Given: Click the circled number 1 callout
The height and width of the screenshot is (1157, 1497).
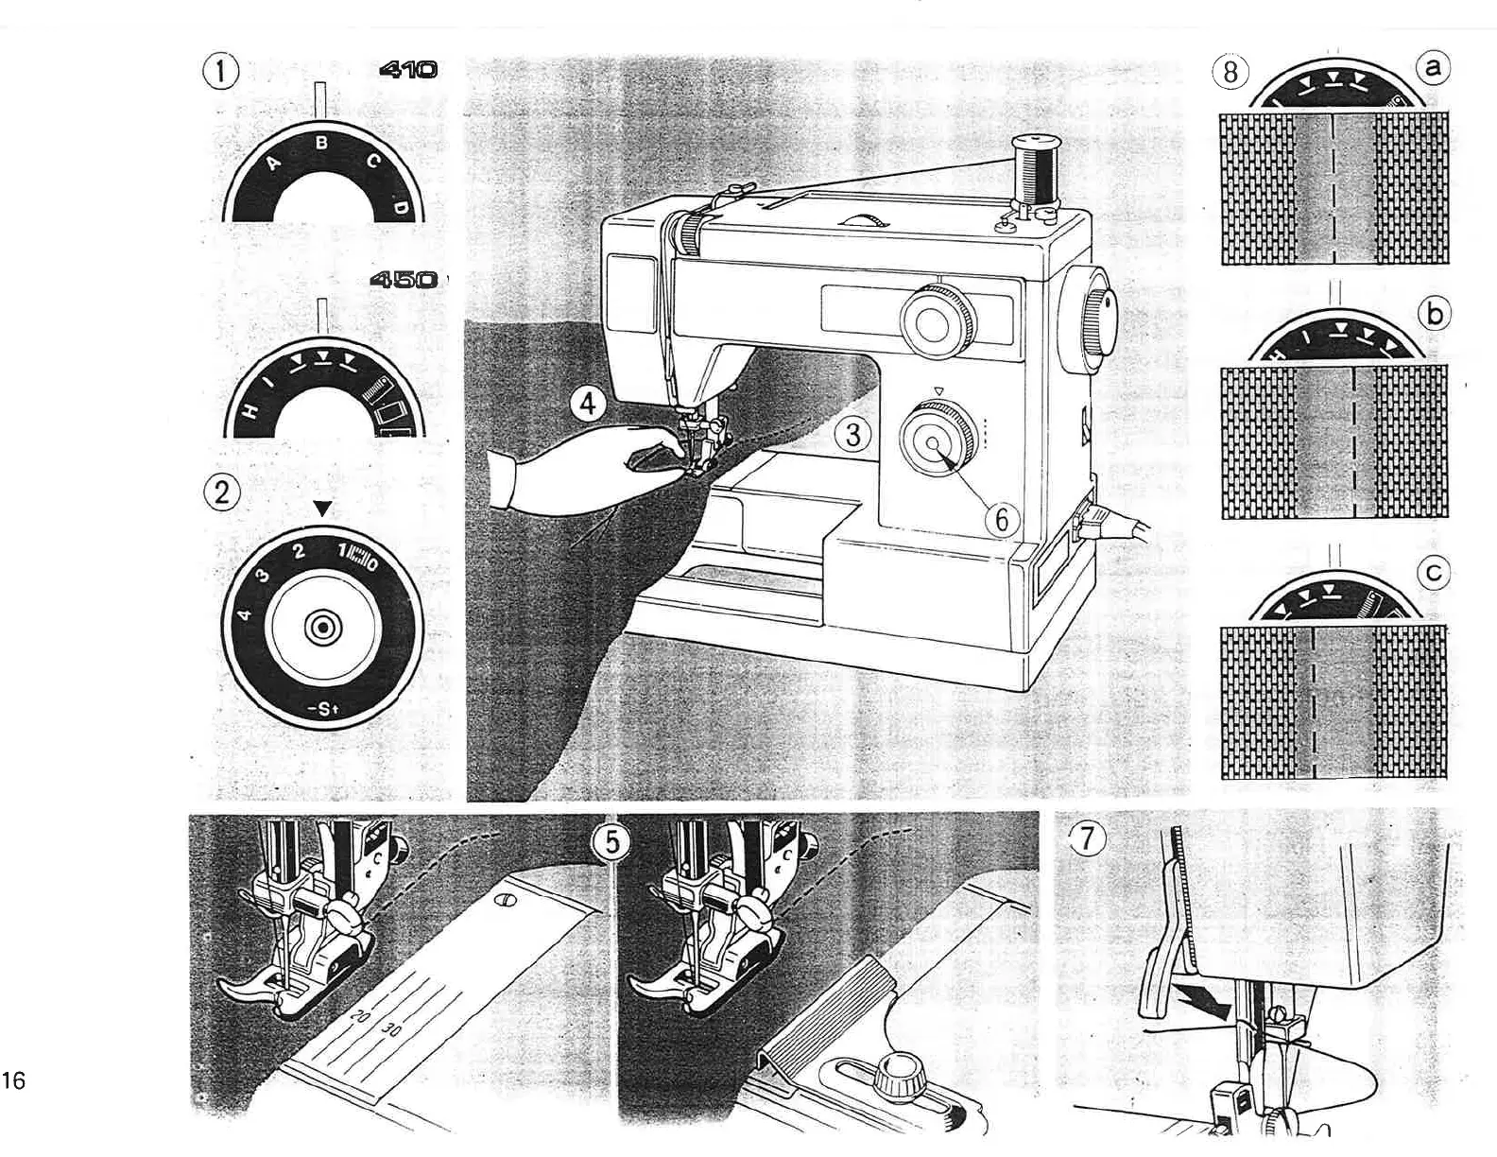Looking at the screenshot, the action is pyautogui.click(x=222, y=72).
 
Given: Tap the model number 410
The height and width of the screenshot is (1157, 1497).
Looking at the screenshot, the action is pyautogui.click(x=408, y=69).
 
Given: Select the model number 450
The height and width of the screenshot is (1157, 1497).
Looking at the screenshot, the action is pyautogui.click(x=404, y=280).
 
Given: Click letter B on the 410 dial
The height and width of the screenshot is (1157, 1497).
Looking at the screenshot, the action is pyautogui.click(x=321, y=144).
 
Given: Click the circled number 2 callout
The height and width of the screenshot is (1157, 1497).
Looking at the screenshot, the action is pyautogui.click(x=222, y=492).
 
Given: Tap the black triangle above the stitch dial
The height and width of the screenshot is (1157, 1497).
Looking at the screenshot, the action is pyautogui.click(x=322, y=509).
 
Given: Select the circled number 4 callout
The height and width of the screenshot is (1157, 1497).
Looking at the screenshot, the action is pyautogui.click(x=588, y=405).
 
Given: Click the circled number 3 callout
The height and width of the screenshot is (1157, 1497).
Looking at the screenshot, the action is pyautogui.click(x=853, y=435).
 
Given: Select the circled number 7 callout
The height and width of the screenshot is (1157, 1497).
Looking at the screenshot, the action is pyautogui.click(x=1089, y=838).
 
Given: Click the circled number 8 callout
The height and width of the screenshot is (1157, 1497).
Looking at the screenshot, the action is pyautogui.click(x=1230, y=72).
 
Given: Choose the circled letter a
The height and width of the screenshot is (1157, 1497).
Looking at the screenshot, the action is pyautogui.click(x=1434, y=66).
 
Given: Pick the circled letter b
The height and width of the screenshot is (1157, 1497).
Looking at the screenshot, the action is pyautogui.click(x=1434, y=313).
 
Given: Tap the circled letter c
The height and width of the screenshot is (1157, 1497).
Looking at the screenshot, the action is pyautogui.click(x=1435, y=573).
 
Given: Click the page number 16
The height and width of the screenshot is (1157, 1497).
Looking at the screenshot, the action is pyautogui.click(x=14, y=1080).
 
